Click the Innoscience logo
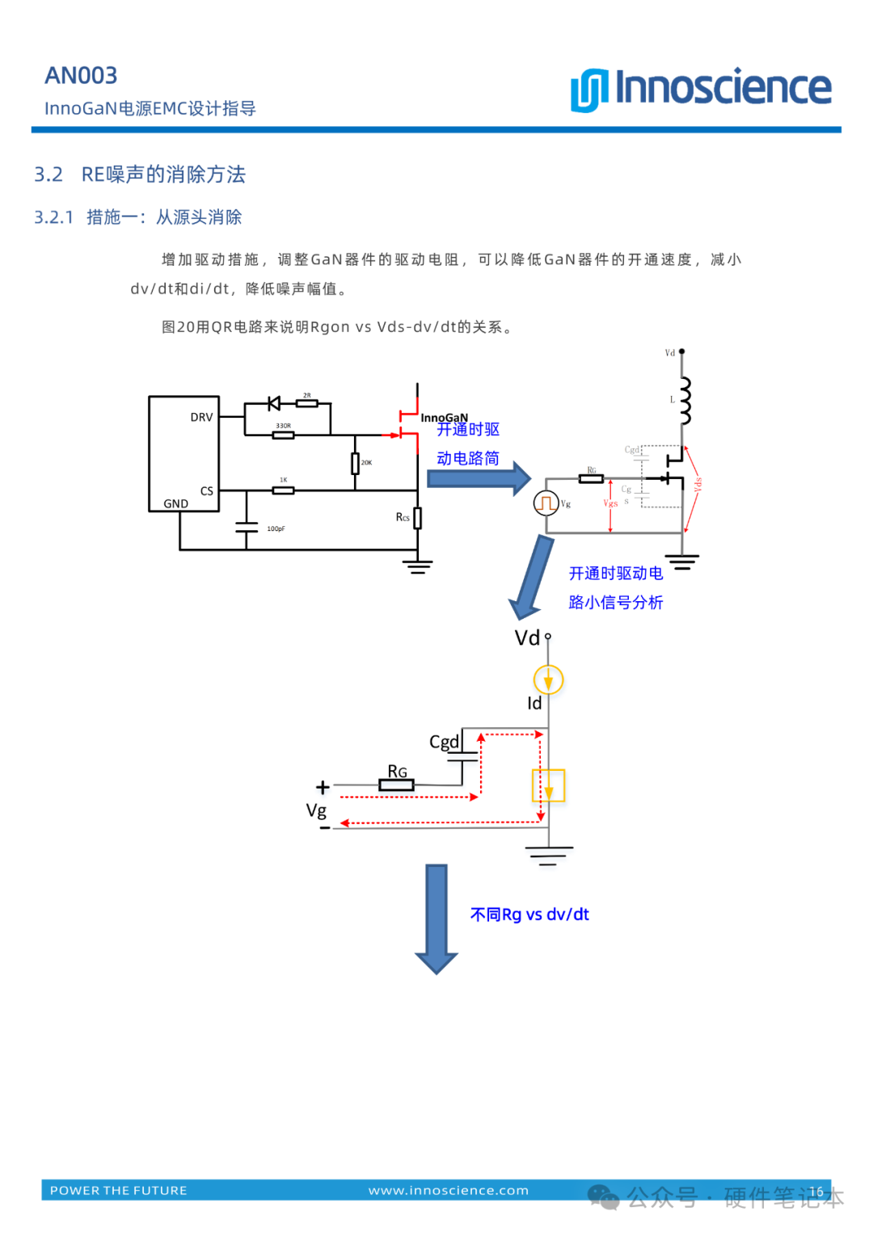pyautogui.click(x=701, y=88)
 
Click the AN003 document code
pyautogui.click(x=81, y=76)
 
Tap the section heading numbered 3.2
pyautogui.click(x=140, y=175)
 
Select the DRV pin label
pyautogui.click(x=201, y=418)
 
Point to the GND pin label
pyautogui.click(x=175, y=504)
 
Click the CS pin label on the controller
pyautogui.click(x=207, y=491)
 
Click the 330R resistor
pyautogui.click(x=283, y=435)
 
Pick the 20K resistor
pyautogui.click(x=355, y=463)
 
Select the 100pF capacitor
pyautogui.click(x=247, y=528)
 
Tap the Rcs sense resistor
pyautogui.click(x=417, y=518)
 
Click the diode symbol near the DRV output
pyautogui.click(x=274, y=403)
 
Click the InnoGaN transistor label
pyautogui.click(x=444, y=418)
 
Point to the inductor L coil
pyautogui.click(x=685, y=400)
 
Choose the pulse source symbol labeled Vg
pyautogui.click(x=546, y=503)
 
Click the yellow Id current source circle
pyautogui.click(x=548, y=680)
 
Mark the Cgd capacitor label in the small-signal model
pyautogui.click(x=444, y=742)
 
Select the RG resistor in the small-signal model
pyautogui.click(x=396, y=785)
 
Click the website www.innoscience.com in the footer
pyautogui.click(x=449, y=1190)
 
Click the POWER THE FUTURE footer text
pyautogui.click(x=119, y=1190)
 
